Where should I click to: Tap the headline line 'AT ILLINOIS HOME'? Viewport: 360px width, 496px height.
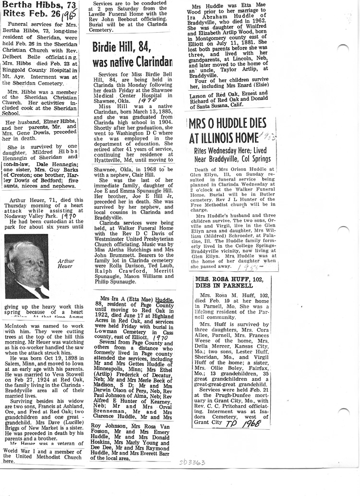(x=222, y=138)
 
